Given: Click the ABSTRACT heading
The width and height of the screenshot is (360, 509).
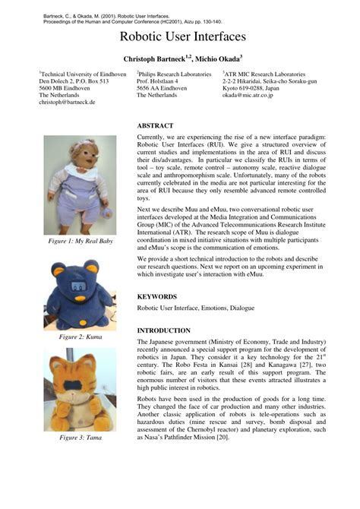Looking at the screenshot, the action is point(156,125).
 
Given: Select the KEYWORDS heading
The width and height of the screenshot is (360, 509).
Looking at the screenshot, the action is point(157,296).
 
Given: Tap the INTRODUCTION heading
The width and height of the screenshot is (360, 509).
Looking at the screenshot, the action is point(163,331).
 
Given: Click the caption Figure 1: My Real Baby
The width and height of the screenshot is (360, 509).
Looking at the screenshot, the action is point(80,241).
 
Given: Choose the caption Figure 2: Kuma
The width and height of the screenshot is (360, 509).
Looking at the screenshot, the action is point(80,337).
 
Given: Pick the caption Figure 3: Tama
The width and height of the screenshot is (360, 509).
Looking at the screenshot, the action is point(80,437).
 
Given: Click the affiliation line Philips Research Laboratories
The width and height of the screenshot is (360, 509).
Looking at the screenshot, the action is point(174,74).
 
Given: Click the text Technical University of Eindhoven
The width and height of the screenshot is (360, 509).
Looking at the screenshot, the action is point(74,74).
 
